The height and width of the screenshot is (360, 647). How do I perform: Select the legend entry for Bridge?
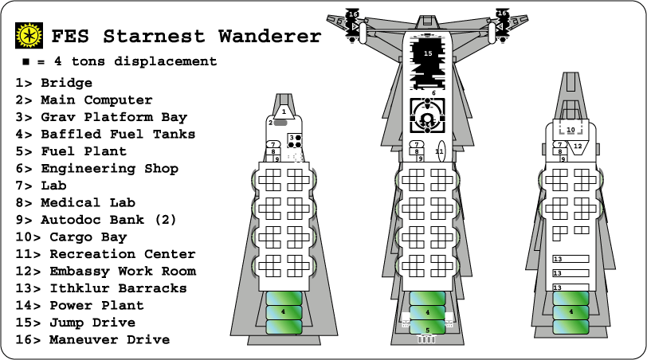[53, 83]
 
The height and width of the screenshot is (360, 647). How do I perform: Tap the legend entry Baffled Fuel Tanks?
[104, 135]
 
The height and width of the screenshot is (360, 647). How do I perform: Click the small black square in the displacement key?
[26, 61]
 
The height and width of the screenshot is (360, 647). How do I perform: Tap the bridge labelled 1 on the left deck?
[284, 112]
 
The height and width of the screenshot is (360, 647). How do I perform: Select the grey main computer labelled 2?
[281, 123]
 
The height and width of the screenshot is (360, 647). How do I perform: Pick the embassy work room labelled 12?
[579, 147]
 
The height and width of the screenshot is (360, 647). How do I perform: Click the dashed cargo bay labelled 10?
[571, 127]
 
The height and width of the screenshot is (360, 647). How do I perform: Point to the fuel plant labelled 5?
[427, 330]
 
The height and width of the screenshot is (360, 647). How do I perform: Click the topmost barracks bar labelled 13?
[571, 259]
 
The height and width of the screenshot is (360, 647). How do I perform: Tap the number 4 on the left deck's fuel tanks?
[283, 311]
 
